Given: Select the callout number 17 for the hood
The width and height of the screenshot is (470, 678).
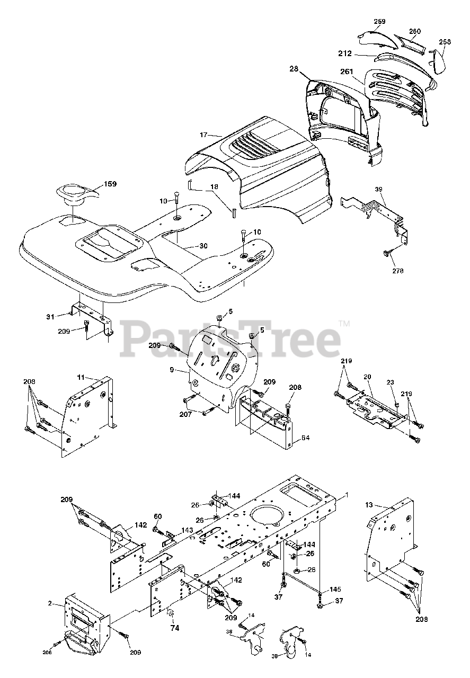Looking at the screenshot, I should [203, 135].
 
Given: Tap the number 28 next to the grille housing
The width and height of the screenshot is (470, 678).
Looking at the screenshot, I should [295, 69].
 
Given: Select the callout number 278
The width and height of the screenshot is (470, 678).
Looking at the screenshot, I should [397, 271].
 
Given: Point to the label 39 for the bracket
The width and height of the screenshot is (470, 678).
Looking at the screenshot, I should [378, 189].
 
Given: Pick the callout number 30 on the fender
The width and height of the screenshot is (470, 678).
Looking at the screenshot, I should [189, 245].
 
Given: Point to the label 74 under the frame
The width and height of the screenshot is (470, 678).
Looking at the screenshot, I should [174, 629].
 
